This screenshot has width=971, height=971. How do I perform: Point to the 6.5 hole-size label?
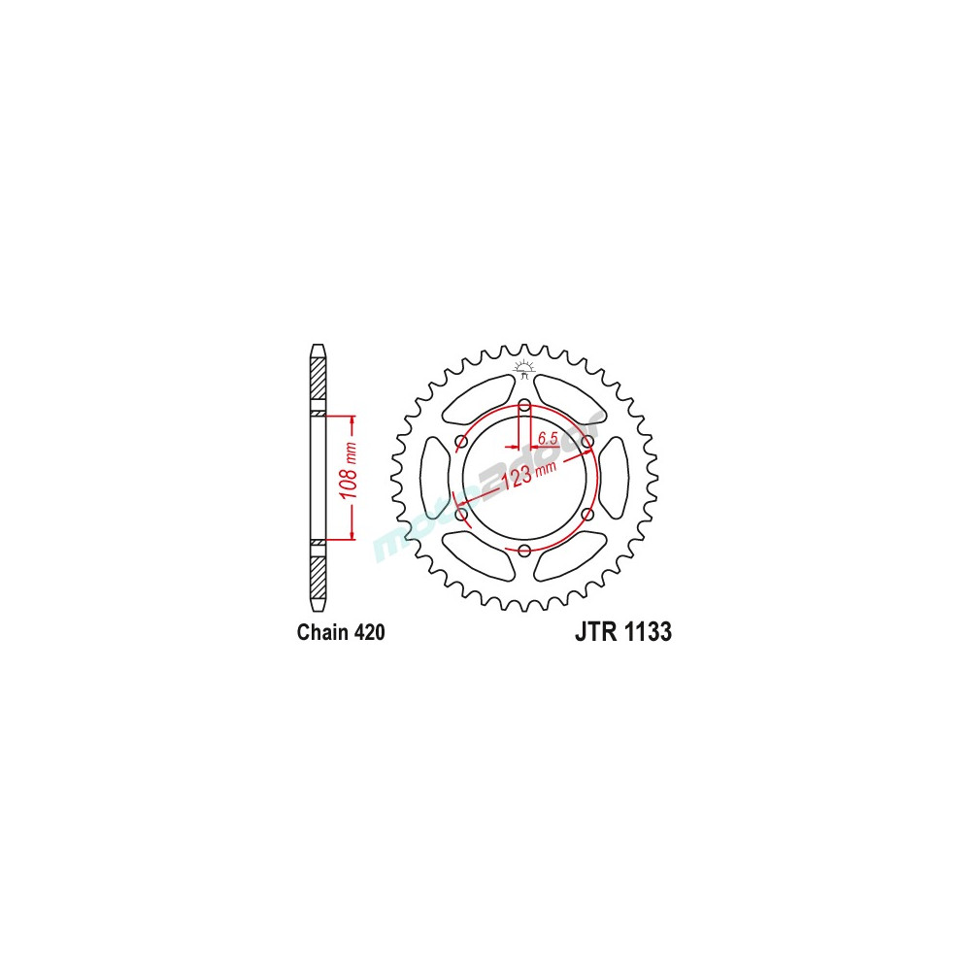coord(547,438)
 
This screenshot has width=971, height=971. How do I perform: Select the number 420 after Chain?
coord(370,633)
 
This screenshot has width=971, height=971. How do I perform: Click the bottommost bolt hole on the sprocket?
coord(524,552)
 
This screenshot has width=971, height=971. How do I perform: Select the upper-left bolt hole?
coord(461,442)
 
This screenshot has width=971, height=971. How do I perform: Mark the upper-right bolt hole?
coord(587,442)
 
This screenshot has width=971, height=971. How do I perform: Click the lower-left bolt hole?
coord(461,515)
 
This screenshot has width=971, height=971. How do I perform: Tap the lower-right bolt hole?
coord(587,515)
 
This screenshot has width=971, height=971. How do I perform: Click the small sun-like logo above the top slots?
coord(524,367)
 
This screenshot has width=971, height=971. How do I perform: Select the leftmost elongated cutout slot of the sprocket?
coord(433,478)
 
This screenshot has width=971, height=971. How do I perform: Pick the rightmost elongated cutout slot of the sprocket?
coord(616,478)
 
